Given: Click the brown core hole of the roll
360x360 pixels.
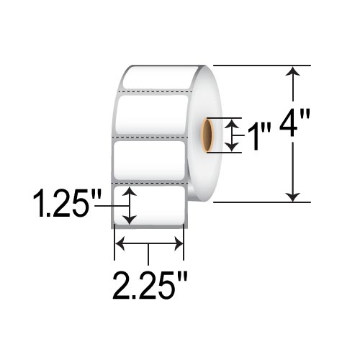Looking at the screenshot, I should point(209,135).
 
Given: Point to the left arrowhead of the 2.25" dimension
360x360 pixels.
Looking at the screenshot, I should point(120,245).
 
